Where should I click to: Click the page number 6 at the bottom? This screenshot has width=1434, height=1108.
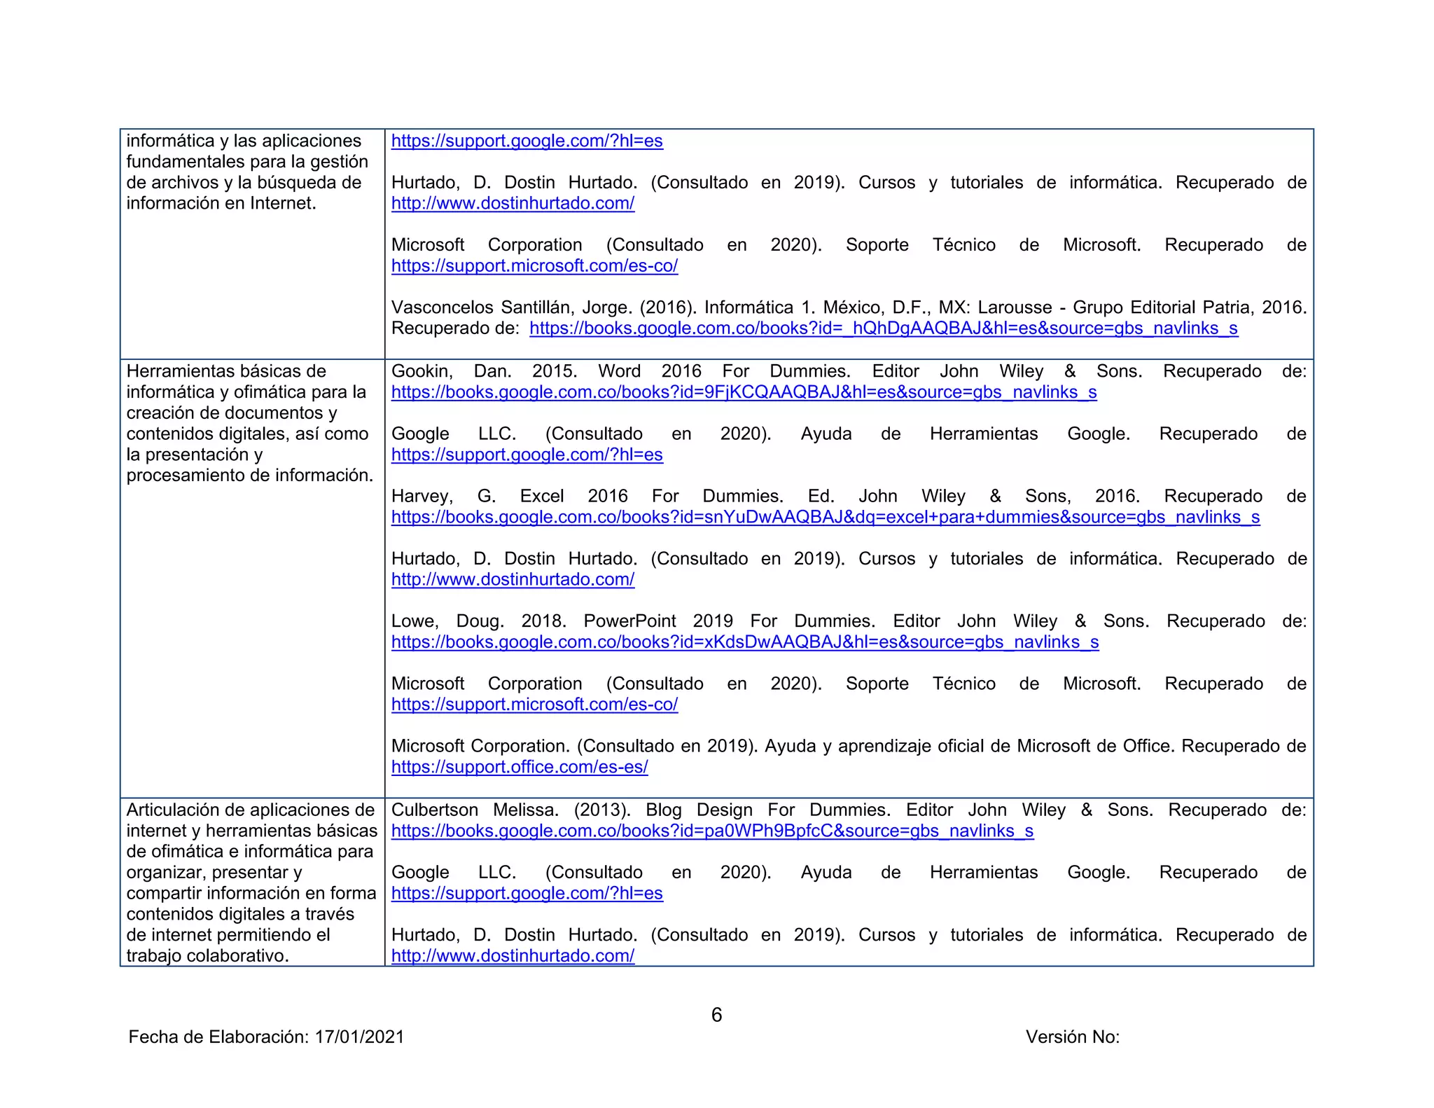tap(716, 1015)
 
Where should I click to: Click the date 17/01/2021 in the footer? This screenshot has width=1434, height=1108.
tap(359, 1037)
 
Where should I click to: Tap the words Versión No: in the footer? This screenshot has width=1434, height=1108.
tap(1072, 1037)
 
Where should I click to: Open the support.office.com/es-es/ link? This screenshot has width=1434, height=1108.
tap(520, 767)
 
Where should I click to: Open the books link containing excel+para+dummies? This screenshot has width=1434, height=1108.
tap(826, 518)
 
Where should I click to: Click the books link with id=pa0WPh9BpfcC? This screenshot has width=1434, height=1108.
tap(712, 831)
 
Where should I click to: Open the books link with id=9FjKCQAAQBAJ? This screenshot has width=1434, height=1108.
tap(744, 392)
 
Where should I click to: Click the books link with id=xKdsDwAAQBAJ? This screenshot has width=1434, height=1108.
tap(745, 642)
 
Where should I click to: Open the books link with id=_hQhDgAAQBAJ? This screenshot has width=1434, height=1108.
tap(884, 328)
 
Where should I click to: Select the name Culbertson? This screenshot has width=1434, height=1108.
tap(434, 810)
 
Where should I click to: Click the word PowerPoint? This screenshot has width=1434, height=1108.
tap(629, 621)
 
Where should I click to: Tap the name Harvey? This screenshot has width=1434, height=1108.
tap(422, 497)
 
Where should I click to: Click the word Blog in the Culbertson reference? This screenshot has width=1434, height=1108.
tap(663, 810)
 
